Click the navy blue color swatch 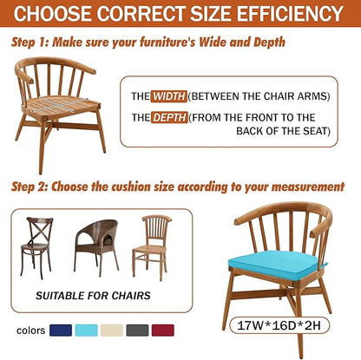tap(61, 331)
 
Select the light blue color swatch tap(86, 331)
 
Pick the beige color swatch tap(112, 331)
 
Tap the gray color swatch tap(137, 331)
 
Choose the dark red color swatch tap(163, 331)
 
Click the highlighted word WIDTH tap(169, 96)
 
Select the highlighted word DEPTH tap(169, 118)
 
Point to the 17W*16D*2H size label tap(279, 325)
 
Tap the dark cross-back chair tap(36, 247)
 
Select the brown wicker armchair tap(96, 245)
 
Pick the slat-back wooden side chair tap(152, 246)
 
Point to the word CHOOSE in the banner tap(53, 13)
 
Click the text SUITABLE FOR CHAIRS tap(93, 296)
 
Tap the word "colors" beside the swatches tap(31, 331)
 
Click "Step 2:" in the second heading tap(30, 187)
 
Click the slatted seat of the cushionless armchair tap(62, 104)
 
